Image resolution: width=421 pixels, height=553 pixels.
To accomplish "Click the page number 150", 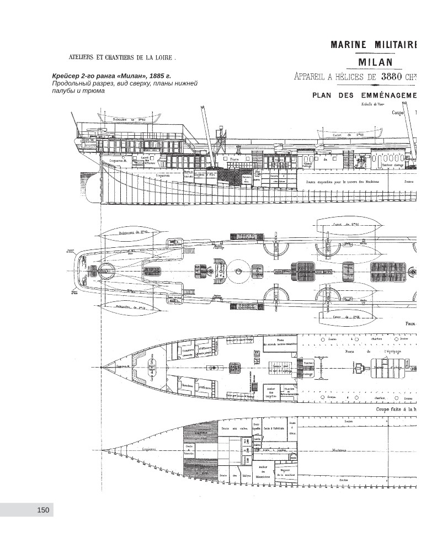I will point(43,510).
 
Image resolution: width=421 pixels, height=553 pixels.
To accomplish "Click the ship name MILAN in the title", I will point(375,62).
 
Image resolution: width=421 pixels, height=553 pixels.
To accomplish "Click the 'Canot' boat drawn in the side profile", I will point(349,134).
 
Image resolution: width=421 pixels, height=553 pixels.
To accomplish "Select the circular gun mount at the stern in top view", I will point(106,272).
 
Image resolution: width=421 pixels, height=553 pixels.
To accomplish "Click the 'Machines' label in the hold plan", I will point(339,449).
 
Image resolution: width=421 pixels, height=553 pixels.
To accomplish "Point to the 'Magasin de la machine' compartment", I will point(286,472).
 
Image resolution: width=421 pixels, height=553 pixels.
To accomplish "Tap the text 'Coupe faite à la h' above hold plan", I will point(398,410).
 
